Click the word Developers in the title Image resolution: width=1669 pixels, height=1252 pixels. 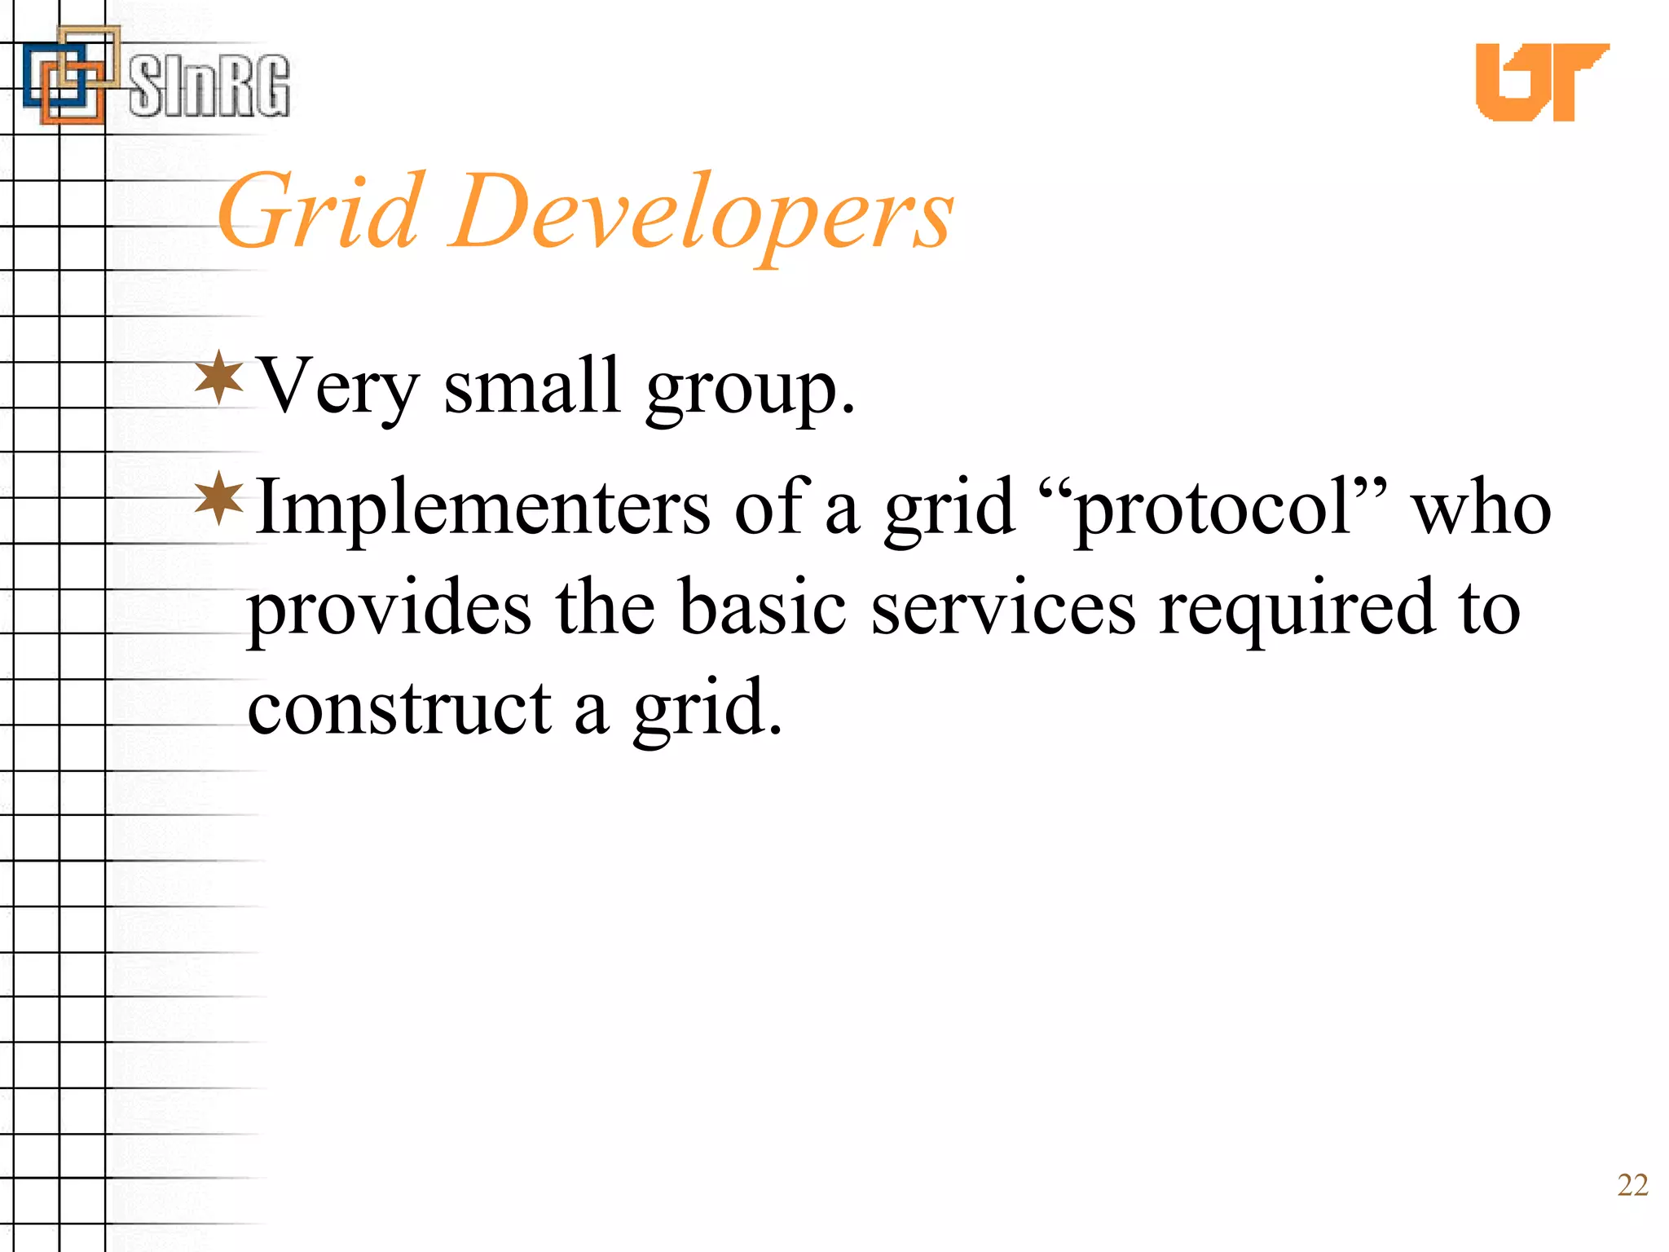click(x=701, y=214)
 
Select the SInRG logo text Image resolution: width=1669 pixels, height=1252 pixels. click(x=209, y=86)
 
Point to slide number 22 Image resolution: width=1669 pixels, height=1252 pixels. click(x=1632, y=1185)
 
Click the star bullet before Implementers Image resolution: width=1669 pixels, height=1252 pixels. click(x=219, y=498)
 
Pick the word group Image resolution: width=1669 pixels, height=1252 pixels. click(x=749, y=390)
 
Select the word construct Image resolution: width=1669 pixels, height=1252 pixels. click(x=399, y=708)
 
